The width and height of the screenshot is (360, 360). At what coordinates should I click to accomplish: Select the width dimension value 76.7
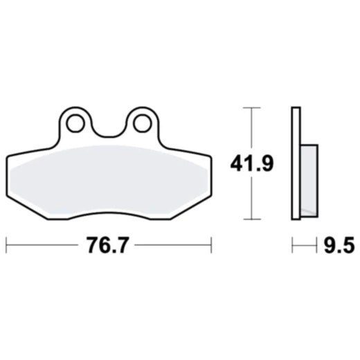point(107,245)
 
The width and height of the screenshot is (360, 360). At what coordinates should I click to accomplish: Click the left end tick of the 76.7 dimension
point(6,245)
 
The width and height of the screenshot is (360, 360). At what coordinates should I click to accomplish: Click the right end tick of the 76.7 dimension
point(209,245)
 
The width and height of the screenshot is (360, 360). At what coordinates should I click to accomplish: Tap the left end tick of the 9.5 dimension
point(292,245)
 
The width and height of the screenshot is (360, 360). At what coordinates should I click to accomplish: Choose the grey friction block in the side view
point(309,179)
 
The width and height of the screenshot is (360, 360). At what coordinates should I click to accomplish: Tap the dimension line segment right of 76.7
point(173,245)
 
